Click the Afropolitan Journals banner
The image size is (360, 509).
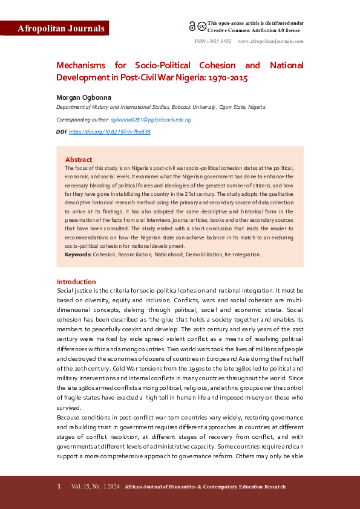click(54, 28)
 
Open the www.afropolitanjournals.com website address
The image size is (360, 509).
click(270, 42)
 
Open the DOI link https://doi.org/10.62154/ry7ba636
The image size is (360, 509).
click(110, 131)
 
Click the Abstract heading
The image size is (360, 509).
click(79, 160)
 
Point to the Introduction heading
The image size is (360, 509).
click(76, 282)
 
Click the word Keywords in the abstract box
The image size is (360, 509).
click(78, 254)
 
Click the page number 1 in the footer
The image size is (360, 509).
click(59, 487)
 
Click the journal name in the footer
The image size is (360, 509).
click(205, 487)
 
